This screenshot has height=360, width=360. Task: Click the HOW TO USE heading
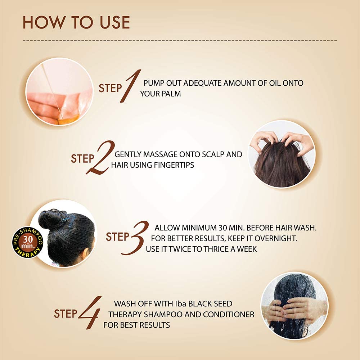click(76, 22)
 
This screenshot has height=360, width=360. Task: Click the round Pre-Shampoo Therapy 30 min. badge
click(28, 242)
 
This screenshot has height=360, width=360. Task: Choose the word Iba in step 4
click(180, 304)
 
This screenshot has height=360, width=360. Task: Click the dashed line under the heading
click(180, 41)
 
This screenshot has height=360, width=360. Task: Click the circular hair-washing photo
click(295, 306)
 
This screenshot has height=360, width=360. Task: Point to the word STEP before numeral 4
click(66, 314)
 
